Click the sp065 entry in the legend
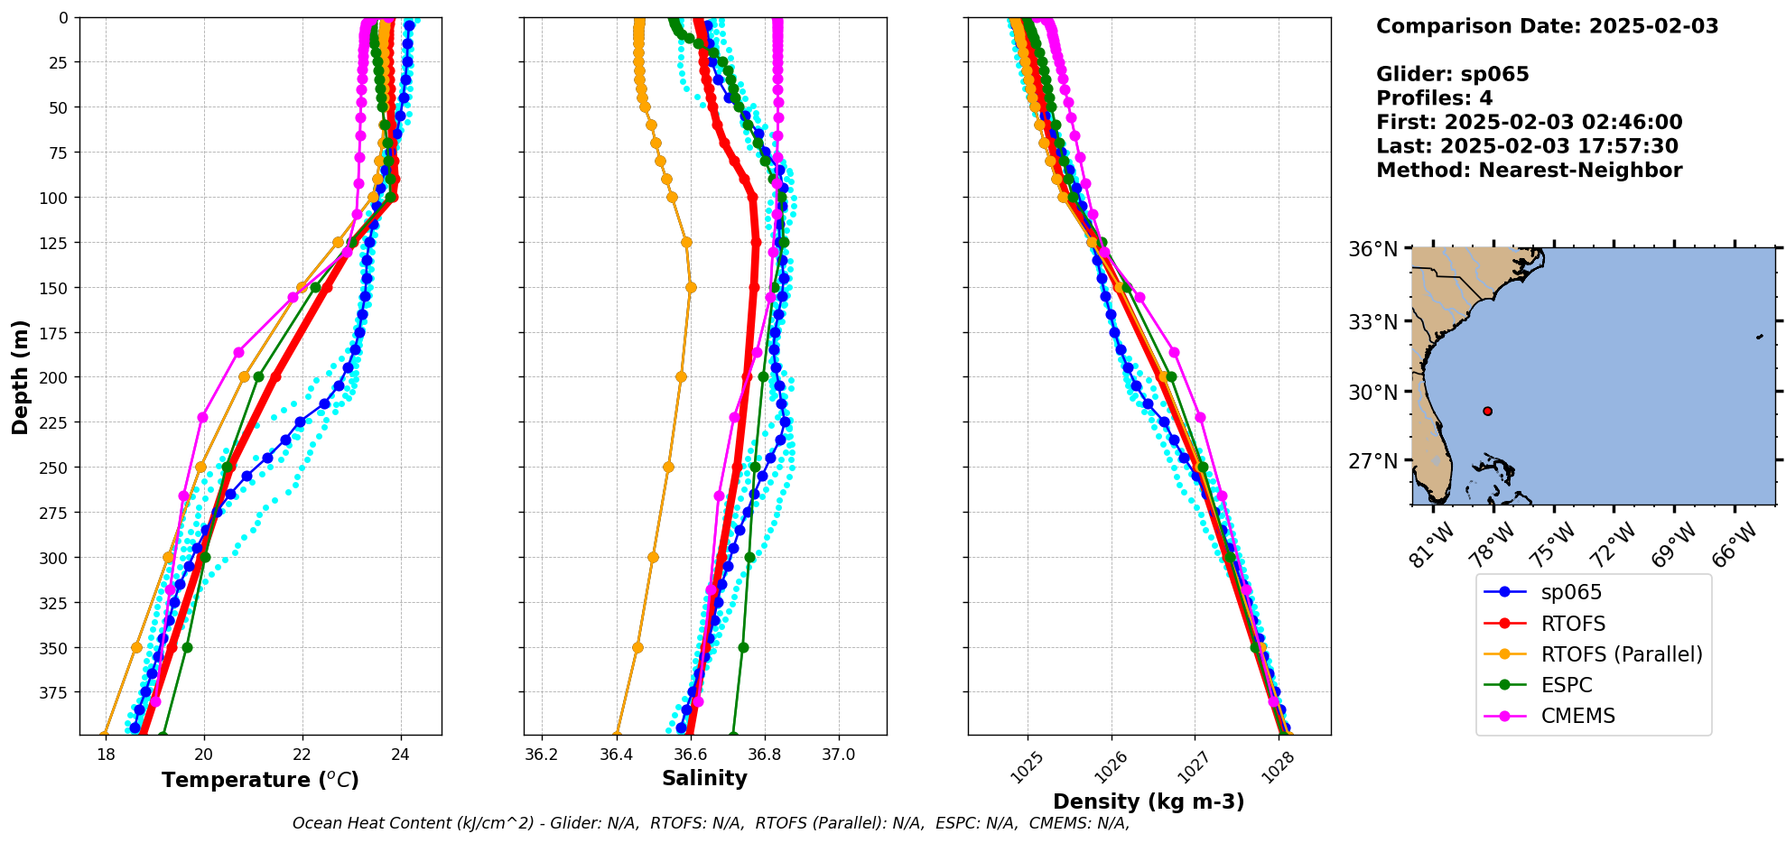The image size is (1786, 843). coord(1571,592)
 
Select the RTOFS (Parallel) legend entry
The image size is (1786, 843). coord(1621,654)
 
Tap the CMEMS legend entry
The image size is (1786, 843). coord(1577,716)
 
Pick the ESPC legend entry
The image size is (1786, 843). coord(1567,685)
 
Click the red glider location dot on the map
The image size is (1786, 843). coord(1487,412)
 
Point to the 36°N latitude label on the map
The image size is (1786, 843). coord(1372,249)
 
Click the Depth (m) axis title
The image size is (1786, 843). coord(20,376)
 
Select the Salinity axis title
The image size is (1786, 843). coord(704,779)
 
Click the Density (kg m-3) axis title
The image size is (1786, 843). coord(1149,801)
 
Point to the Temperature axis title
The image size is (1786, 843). coord(260,780)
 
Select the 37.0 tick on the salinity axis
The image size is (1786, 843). coord(838,755)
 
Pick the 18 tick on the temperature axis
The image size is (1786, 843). coord(106,755)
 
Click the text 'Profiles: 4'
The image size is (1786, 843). coord(1434,98)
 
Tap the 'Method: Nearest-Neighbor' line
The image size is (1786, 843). coord(1529,171)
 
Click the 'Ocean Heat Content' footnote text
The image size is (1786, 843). coord(711,823)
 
